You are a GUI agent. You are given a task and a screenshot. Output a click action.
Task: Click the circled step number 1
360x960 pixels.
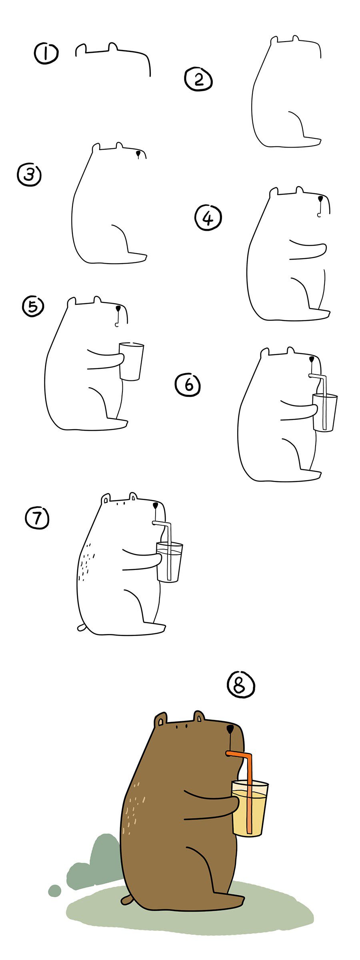(46, 54)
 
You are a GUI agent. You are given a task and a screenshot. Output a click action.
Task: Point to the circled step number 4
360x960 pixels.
(208, 218)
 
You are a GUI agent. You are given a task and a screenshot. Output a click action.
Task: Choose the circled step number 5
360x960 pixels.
(33, 306)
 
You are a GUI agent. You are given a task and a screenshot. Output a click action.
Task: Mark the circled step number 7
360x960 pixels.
(37, 518)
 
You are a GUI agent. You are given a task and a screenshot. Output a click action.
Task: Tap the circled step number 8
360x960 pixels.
(241, 685)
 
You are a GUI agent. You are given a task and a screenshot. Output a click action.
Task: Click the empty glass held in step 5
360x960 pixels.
(131, 361)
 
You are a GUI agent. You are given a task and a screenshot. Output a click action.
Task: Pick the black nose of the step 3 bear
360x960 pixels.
(138, 154)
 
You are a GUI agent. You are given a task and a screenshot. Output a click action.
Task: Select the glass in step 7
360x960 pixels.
(169, 562)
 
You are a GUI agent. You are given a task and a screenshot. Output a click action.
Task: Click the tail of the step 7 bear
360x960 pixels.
(82, 627)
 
